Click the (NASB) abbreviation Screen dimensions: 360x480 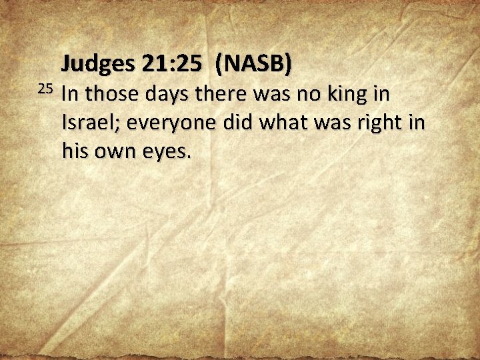[x=253, y=65]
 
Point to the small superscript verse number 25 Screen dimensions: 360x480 [x=45, y=88]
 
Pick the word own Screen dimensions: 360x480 [x=116, y=153]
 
